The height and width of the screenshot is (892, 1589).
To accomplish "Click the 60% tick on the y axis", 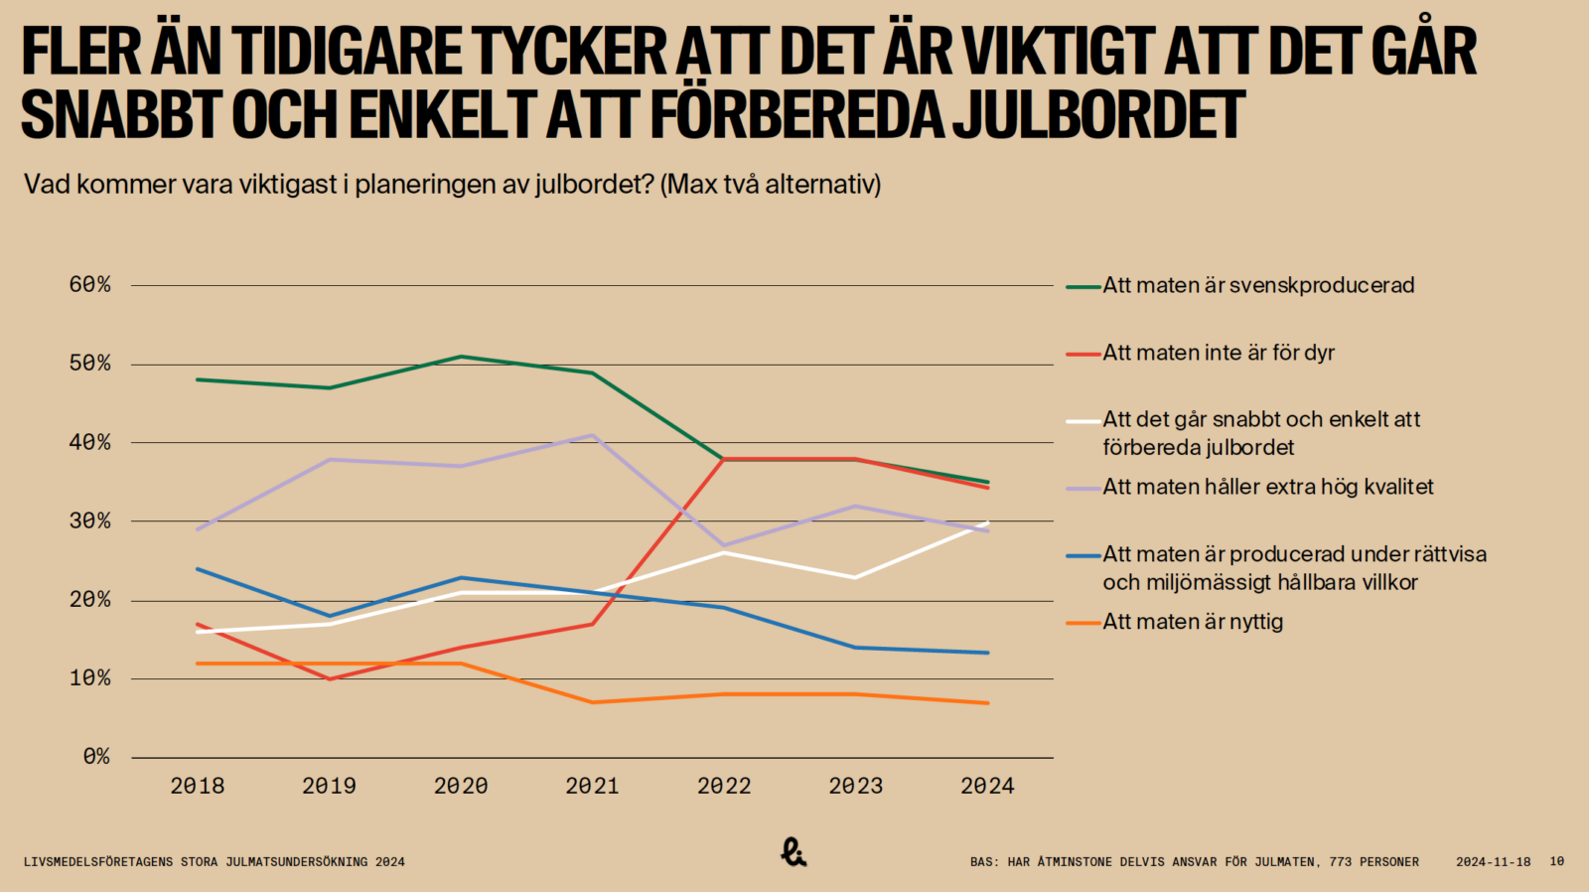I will coord(89,285).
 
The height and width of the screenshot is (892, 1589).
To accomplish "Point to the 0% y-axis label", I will coord(96,757).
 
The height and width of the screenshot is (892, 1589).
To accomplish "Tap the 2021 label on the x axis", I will coord(592,787).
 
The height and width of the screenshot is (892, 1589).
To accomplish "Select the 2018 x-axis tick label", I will coord(198,787).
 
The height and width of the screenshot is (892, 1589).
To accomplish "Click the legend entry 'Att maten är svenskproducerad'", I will coord(1257,286).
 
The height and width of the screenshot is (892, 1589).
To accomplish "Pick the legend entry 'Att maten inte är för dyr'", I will coord(1218,353).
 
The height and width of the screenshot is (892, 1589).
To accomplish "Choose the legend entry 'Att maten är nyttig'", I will coord(1192,622).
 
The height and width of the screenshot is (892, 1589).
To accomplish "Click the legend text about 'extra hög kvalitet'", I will coord(1267,487).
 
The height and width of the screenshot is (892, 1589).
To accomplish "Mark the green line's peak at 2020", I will coord(461,357).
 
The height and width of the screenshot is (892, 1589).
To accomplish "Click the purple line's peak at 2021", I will coord(592,435).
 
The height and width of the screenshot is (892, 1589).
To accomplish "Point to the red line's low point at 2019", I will coord(329,678).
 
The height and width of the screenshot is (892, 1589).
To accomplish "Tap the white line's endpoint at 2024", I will coord(987,522).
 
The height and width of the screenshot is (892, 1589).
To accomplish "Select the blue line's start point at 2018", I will coord(198,569).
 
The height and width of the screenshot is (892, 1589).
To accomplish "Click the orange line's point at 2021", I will coord(592,702).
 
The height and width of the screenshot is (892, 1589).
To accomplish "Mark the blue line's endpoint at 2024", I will coord(987,653).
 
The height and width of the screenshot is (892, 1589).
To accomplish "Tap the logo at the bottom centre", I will coord(793,852).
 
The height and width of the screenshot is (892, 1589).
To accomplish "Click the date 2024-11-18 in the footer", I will coord(1493,862).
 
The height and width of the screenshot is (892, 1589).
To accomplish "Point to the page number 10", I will coord(1556,862).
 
